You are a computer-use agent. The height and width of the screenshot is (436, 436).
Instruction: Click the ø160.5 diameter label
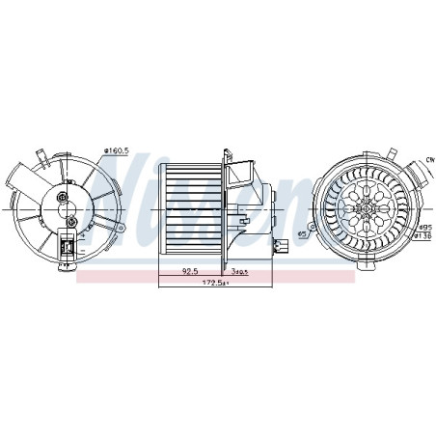[x=117, y=150]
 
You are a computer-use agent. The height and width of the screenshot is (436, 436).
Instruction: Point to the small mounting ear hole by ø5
[x=317, y=225]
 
